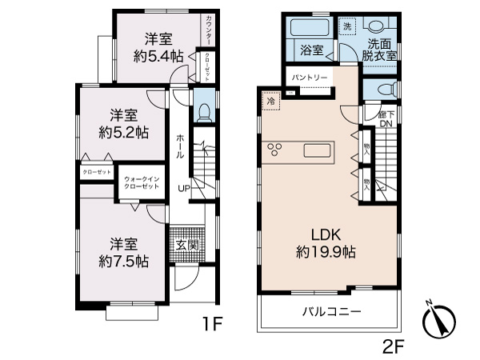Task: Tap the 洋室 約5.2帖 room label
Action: pos(124,123)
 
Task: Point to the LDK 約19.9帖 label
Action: pos(327,242)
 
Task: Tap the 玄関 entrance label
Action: pos(182,245)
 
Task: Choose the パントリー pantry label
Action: pos(309,77)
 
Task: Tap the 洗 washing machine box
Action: pos(346,26)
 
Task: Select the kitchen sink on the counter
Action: pos(318,150)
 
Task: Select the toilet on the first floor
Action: pos(203,108)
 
